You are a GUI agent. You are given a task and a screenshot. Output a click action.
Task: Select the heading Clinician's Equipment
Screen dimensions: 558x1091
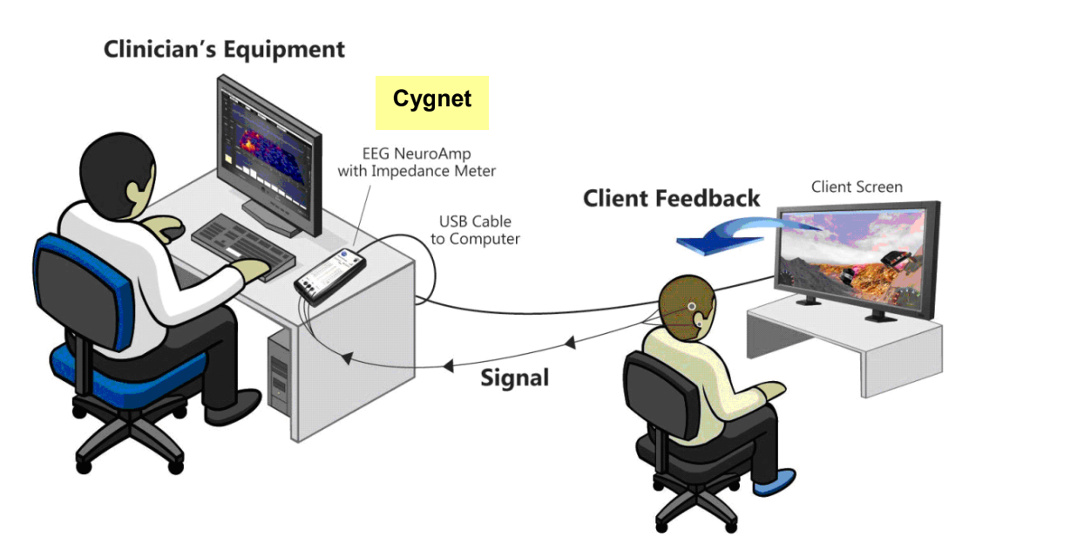[224, 50]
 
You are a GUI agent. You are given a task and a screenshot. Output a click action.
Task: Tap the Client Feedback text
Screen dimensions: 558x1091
[671, 199]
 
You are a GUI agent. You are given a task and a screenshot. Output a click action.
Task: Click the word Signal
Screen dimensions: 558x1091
[515, 378]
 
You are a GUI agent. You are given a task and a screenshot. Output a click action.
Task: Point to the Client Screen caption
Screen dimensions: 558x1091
[857, 187]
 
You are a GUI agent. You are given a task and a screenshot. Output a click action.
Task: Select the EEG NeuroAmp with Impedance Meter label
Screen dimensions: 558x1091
[417, 162]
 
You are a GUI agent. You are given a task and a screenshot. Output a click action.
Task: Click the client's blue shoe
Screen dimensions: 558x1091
[775, 482]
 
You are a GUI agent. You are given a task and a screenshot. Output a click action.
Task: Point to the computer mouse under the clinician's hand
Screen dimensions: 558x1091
[173, 232]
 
